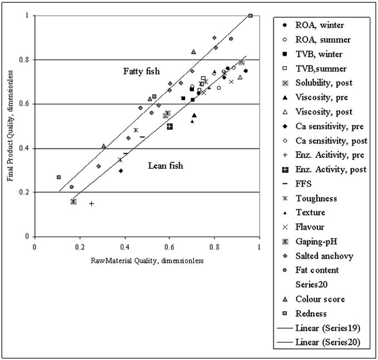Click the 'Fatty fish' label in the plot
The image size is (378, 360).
(141, 71)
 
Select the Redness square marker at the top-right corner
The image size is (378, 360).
(251, 16)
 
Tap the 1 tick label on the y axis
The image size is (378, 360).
(27, 16)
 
